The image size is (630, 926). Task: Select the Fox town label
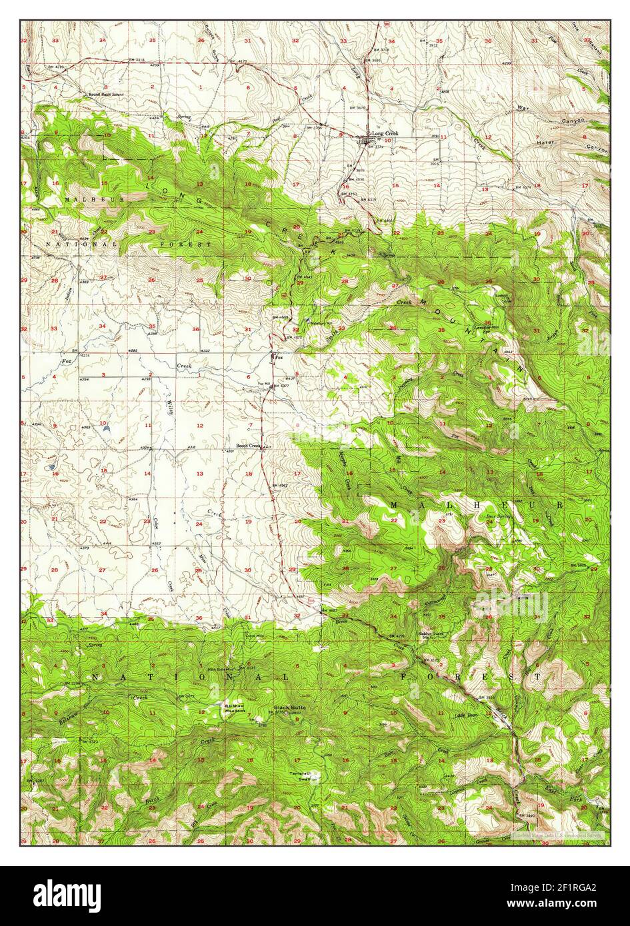click(x=280, y=357)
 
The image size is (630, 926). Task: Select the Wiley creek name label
click(x=169, y=404)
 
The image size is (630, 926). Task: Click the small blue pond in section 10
click(x=106, y=430)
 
